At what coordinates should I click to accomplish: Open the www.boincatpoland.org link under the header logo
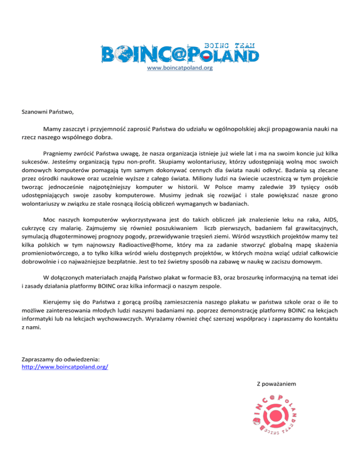[x=180, y=68]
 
